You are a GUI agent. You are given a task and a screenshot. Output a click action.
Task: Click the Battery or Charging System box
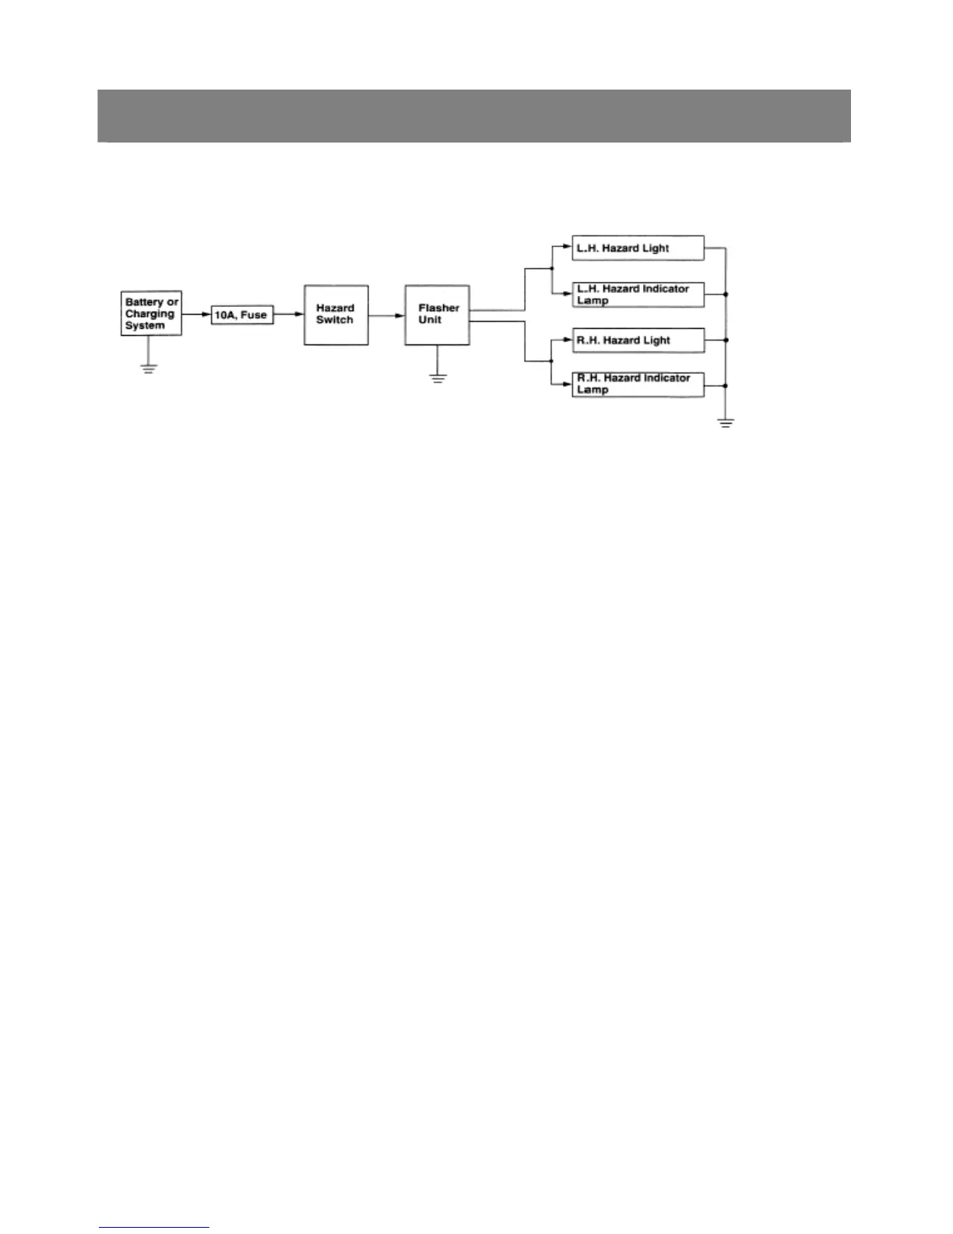[x=152, y=314]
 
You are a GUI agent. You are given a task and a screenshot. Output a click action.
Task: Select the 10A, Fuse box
[x=242, y=315]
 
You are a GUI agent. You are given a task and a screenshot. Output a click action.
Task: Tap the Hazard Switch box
[x=336, y=315]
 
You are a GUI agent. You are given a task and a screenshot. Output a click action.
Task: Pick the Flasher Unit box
[x=437, y=315]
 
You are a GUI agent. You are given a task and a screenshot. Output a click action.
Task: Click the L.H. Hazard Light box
[x=638, y=249]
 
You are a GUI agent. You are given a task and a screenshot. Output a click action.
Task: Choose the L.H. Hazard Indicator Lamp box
[x=638, y=294]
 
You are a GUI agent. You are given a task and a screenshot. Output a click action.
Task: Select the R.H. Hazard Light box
[x=638, y=340]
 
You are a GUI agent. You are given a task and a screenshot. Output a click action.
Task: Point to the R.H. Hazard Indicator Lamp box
[x=638, y=385]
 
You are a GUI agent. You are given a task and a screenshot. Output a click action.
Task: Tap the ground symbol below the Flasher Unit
[x=438, y=379]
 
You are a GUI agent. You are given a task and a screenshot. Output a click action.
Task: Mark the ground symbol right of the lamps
[x=726, y=424]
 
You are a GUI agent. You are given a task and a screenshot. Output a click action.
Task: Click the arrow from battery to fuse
[x=196, y=315]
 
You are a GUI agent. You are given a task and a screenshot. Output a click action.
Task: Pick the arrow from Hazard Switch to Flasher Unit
[x=386, y=316]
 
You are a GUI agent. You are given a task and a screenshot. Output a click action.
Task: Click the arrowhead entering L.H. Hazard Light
[x=568, y=249]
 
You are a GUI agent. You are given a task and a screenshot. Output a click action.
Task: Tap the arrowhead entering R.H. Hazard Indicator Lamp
[x=568, y=385]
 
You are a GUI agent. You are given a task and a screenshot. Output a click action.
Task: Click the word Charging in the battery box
[x=149, y=314]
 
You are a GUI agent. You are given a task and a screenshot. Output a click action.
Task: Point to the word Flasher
[x=439, y=308]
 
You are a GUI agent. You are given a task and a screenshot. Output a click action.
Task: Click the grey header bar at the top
[x=473, y=115]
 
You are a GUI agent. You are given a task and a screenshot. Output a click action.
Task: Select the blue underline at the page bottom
[x=154, y=1227]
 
